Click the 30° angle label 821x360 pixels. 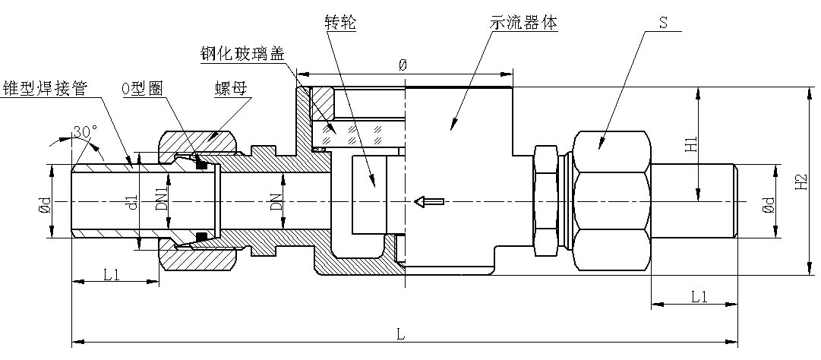84,132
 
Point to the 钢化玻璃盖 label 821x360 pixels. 245,54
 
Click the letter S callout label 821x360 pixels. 662,23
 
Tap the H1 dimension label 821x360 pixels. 690,144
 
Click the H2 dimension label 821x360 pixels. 799,182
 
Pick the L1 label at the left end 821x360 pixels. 112,274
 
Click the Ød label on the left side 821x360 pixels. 46,202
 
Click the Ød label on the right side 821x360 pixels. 767,202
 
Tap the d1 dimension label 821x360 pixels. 131,202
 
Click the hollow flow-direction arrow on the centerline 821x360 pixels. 428,201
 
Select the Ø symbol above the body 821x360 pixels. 403,65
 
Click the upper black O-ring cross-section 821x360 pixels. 202,163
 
